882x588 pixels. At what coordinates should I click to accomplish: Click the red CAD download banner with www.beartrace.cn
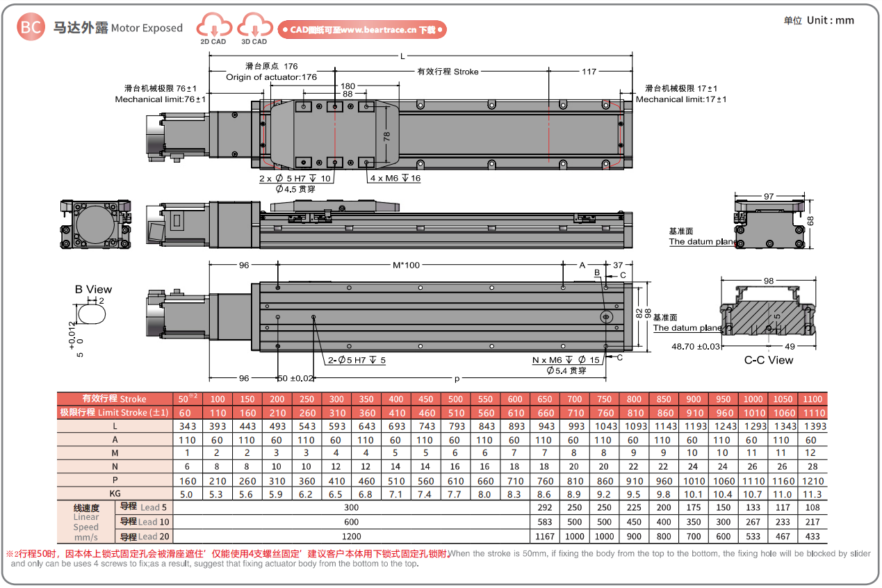(361, 30)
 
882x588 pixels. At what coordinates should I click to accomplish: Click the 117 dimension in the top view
(589, 72)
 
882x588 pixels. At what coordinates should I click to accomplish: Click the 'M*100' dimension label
(407, 265)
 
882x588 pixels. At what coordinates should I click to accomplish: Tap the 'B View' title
(93, 289)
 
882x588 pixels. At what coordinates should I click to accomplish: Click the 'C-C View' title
(769, 360)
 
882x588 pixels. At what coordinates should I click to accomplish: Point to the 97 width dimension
(769, 197)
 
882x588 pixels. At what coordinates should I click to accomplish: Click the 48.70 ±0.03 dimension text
(696, 346)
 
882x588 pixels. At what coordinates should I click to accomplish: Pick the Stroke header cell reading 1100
(812, 399)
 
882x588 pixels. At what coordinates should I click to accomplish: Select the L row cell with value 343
(187, 426)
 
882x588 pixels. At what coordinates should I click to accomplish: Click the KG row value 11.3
(812, 494)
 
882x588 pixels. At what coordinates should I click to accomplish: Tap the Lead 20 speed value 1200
(351, 536)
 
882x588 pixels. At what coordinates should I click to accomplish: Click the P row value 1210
(812, 481)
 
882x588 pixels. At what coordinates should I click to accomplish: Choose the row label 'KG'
(115, 494)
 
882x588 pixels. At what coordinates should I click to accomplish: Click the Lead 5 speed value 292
(544, 507)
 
